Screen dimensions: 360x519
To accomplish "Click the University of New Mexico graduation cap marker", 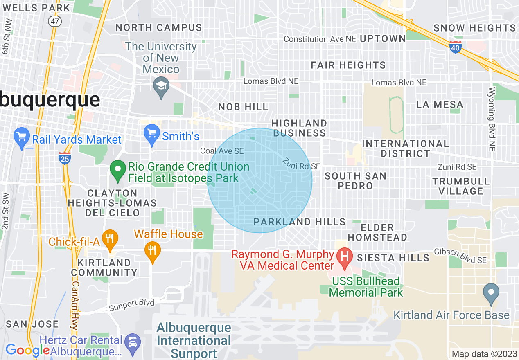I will (x=161, y=86).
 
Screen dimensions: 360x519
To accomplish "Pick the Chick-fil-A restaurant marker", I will (x=109, y=239).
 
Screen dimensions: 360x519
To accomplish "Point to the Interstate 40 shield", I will (x=456, y=47).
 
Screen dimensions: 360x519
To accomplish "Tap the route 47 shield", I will (x=54, y=21).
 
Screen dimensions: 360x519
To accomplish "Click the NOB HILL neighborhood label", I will (x=243, y=107).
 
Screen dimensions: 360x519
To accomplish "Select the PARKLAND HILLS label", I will (x=300, y=222).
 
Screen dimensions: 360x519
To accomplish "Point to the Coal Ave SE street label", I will (x=222, y=151).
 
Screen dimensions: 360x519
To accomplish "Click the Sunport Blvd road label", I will (x=132, y=305).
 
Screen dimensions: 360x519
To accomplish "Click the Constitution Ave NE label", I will (x=319, y=39).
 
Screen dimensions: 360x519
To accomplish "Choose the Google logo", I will (x=27, y=350).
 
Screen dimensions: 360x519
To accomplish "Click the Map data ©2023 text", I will (x=484, y=354).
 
